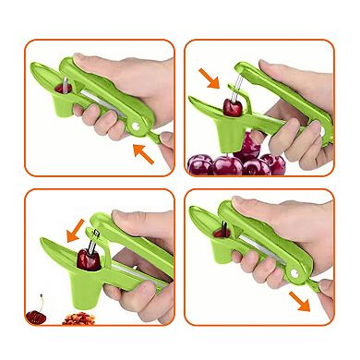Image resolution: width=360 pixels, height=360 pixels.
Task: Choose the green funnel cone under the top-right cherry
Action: click(x=242, y=138)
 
